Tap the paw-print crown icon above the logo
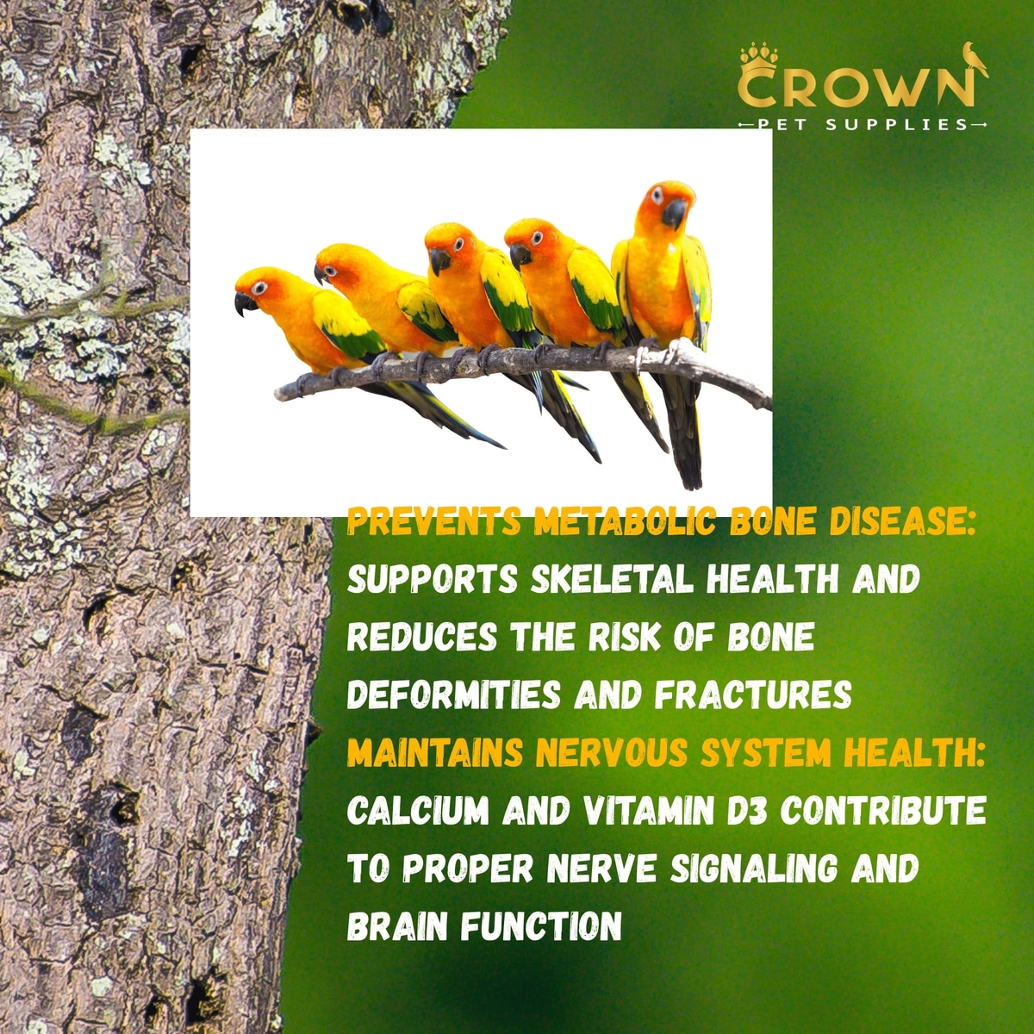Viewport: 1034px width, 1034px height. click(759, 60)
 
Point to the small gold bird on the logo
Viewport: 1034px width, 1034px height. click(973, 59)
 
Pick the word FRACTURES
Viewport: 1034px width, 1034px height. click(753, 695)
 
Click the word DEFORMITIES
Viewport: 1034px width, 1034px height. click(454, 695)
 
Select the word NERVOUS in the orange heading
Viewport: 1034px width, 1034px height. click(611, 752)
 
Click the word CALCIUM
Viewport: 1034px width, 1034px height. click(418, 810)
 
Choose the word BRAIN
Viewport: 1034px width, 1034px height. click(397, 926)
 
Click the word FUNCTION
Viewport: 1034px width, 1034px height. click(541, 926)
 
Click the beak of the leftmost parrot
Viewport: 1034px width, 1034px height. click(245, 303)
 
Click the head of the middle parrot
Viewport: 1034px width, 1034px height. click(450, 246)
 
